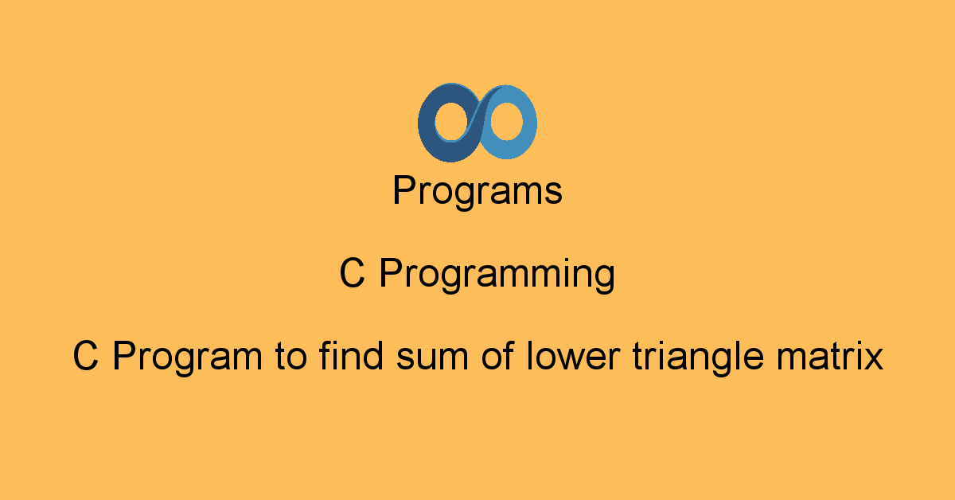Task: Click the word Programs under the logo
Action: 477,191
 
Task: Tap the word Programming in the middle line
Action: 497,274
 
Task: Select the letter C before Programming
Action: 352,272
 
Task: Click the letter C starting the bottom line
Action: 86,355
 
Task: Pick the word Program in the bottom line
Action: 188,358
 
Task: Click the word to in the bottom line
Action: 290,356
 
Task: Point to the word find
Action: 351,354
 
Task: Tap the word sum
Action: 432,358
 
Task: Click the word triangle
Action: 699,357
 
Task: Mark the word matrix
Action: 829,355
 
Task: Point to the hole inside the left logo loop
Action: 452,122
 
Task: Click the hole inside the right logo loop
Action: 506,121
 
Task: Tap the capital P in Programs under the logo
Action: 404,189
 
